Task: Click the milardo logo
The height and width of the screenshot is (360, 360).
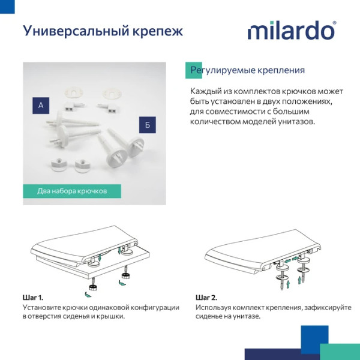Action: coord(292,31)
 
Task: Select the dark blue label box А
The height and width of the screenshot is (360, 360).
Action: coord(41,105)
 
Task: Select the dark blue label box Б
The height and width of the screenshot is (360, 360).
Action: coord(148,125)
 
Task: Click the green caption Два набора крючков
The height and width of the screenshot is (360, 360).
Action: coord(72,191)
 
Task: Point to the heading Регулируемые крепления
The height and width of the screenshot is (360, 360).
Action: coord(247,70)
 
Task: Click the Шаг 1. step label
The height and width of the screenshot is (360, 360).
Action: coord(33,298)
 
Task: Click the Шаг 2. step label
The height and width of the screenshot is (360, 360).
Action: coord(206,298)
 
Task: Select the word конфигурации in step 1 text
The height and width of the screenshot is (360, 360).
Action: coord(154,307)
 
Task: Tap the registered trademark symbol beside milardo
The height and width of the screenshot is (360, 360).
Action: coord(334,23)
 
